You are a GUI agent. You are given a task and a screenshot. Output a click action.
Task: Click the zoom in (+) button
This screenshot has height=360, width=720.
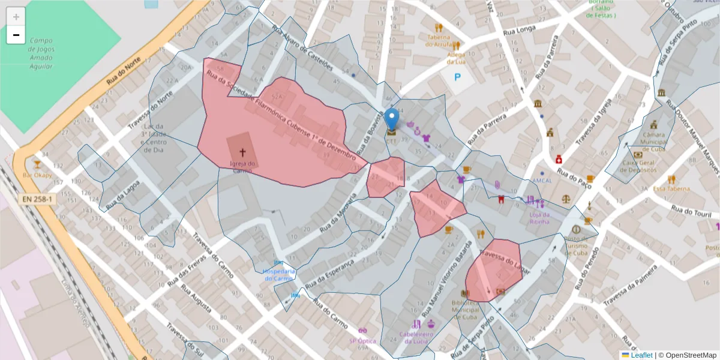(x=16, y=17)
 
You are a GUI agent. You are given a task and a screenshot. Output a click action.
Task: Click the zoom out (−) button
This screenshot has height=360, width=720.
(x=16, y=35)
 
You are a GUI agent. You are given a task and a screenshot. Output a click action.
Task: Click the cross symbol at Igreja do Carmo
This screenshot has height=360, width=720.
(x=243, y=153)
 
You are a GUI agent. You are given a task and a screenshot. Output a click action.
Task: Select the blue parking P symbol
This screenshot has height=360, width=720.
(x=457, y=77)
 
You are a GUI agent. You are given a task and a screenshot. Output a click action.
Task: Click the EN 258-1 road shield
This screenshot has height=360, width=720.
(x=38, y=199)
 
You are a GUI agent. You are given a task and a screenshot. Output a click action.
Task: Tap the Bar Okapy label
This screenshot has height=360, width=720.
(x=37, y=175)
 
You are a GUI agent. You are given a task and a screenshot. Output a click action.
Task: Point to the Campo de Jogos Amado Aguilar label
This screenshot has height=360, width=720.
(x=41, y=53)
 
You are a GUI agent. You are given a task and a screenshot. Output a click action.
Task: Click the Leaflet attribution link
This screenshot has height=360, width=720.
(x=641, y=355)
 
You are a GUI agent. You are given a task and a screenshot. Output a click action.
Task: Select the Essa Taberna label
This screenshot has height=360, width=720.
(x=671, y=188)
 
